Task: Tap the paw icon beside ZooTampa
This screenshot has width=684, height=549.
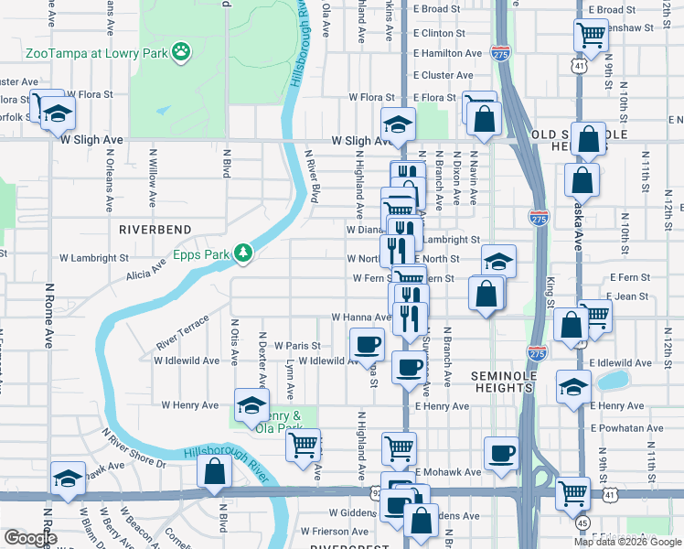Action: [x=182, y=52]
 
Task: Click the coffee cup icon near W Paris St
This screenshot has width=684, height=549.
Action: [x=368, y=344]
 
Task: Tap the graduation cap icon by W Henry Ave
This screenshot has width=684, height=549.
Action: [x=251, y=404]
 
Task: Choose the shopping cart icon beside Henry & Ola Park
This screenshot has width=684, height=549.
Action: [x=303, y=446]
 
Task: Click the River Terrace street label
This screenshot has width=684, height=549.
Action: [x=182, y=332]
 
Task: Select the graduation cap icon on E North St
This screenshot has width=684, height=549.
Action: [x=498, y=261]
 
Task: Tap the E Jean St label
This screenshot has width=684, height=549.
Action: [x=628, y=296]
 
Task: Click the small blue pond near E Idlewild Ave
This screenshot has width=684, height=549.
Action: [x=609, y=378]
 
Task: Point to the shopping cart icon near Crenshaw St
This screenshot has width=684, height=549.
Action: [x=591, y=35]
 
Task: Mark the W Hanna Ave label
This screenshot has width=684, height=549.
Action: [x=360, y=318]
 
